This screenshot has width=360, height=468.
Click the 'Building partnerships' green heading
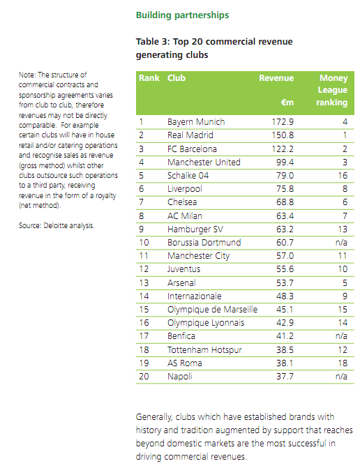point(182,15)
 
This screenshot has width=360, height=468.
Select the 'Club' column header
point(177,78)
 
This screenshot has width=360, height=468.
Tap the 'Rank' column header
point(149,78)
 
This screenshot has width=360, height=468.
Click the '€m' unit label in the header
point(287,103)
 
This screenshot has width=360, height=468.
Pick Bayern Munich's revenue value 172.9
point(283,122)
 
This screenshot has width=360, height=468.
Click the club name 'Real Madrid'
point(190,135)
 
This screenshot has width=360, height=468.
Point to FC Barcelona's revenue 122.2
point(283,149)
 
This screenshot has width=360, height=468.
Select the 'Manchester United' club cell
point(204,162)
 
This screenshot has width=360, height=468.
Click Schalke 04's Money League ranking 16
point(343,176)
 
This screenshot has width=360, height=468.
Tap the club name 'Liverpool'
point(185,189)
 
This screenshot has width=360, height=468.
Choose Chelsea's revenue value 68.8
point(285,202)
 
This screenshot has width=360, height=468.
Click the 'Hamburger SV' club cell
point(195,229)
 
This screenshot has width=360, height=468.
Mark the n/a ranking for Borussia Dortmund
point(341,242)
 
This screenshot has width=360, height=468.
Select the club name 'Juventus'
point(183,269)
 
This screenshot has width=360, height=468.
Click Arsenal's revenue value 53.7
point(285,282)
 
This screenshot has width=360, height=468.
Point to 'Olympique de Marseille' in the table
point(212,310)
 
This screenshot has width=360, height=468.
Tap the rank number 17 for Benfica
point(144,336)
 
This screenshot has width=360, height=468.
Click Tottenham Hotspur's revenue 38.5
point(285,350)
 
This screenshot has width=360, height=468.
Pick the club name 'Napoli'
point(180,377)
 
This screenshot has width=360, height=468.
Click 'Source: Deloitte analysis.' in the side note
point(57,226)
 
